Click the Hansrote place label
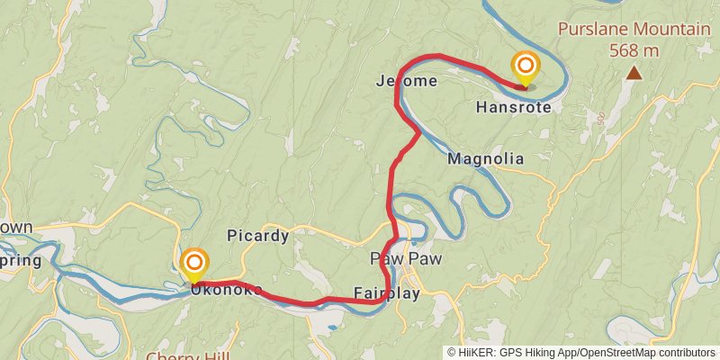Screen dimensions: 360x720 (513, 107)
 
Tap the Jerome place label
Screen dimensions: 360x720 (406, 81)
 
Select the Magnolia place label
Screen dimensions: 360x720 (485, 158)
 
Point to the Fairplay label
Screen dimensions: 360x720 (387, 293)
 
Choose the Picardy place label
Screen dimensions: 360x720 (257, 237)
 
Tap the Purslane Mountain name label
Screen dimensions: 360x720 (634, 29)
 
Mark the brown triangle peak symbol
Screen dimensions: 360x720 (634, 73)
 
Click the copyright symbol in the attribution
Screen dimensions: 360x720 (452, 352)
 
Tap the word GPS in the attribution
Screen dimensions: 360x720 (508, 352)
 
